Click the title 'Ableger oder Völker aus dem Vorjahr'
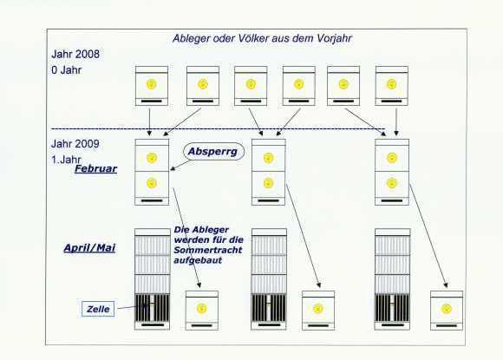point(262,38)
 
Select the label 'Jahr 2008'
point(75,54)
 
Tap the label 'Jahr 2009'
point(75,143)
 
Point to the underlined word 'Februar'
point(95,169)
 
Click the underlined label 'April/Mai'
point(89,248)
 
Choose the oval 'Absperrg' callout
point(213,152)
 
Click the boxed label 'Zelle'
point(98,309)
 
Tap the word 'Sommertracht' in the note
point(207,250)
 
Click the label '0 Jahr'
point(67,70)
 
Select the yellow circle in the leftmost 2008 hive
point(152,84)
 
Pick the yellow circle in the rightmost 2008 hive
point(391,84)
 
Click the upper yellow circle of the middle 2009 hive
point(268,158)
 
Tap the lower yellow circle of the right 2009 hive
point(392,183)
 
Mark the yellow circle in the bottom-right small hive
point(447,309)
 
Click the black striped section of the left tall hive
point(152,308)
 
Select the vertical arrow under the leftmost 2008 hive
point(149,122)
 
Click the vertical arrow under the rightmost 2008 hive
point(396,122)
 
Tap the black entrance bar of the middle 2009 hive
point(269,201)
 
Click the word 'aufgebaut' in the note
point(198,260)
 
